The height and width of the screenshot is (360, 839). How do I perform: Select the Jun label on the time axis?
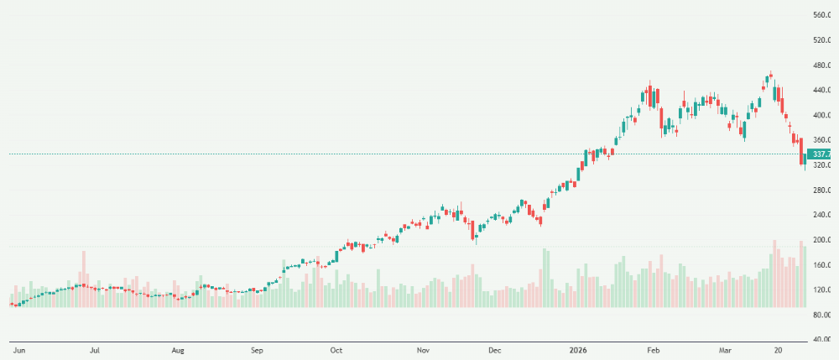[x=17, y=349]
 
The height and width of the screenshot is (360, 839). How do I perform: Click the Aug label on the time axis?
[x=178, y=349]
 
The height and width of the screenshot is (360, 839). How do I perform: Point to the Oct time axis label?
[x=336, y=349]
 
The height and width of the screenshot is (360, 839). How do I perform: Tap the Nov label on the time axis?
[x=424, y=349]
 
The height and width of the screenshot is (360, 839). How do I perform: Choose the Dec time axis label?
[x=495, y=349]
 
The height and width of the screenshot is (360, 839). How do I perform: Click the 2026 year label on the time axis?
[x=579, y=349]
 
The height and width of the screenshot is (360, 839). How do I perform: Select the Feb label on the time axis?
[x=653, y=349]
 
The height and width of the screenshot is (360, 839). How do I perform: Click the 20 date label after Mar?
[x=779, y=349]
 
